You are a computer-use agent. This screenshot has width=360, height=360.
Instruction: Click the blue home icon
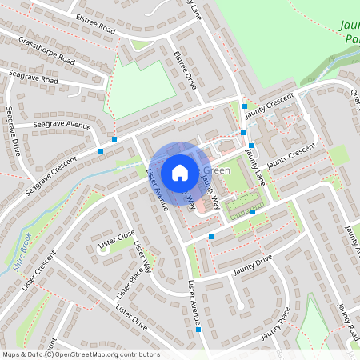180,172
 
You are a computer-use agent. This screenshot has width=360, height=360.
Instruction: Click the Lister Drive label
131,317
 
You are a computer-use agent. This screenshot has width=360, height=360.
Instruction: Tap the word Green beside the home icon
217,170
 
